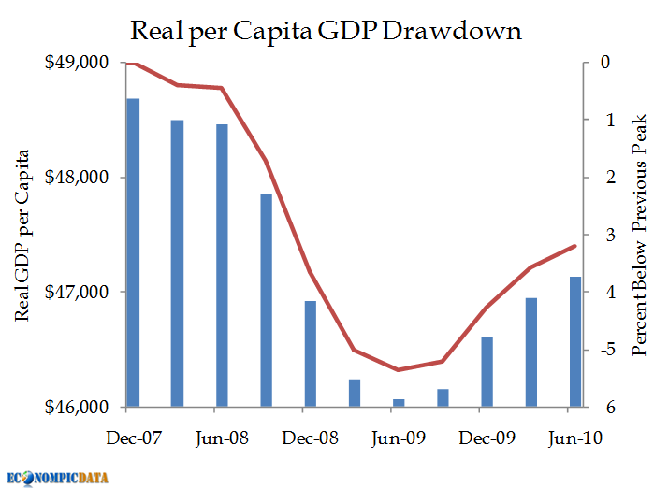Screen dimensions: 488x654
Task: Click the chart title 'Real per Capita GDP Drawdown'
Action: coord(327,30)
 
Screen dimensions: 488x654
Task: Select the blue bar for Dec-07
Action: coord(133,252)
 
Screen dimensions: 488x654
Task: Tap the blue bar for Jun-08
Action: coord(222,266)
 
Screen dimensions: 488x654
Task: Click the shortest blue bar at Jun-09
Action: coord(399,403)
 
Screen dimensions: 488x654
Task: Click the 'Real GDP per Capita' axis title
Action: coord(22,235)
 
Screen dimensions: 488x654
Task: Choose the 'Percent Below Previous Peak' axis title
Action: coord(640,235)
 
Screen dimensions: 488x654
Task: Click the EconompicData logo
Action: coord(58,477)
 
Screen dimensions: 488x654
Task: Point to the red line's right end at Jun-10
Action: coord(575,245)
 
